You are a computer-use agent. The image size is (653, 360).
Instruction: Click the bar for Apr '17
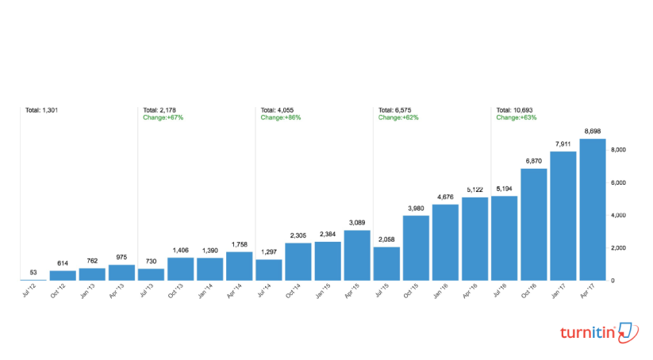tap(593, 209)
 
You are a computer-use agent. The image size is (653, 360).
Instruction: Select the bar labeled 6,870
tap(534, 224)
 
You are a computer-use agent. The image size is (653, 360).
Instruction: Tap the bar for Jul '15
tap(386, 263)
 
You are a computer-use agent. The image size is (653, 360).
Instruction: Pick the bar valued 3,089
tap(357, 255)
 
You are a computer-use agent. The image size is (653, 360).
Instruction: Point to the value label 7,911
tap(563, 144)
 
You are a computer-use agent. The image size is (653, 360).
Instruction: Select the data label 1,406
tap(180, 251)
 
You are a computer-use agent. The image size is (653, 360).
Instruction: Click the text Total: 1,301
tap(41, 109)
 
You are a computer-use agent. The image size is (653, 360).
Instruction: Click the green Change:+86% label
tap(281, 117)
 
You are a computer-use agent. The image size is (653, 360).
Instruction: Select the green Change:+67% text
tap(163, 117)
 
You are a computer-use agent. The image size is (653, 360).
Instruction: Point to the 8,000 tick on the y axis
tap(619, 150)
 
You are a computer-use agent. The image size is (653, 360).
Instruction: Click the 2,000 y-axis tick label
tap(619, 248)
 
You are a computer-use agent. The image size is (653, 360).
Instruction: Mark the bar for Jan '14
tap(209, 269)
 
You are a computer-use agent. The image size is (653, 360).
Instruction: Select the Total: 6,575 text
tap(398, 109)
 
